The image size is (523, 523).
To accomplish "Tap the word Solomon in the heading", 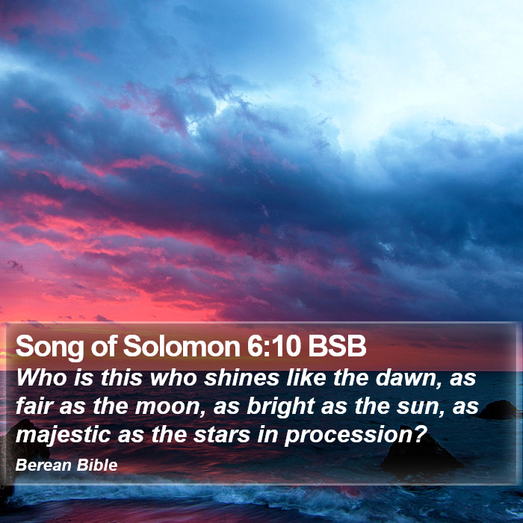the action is click(x=182, y=346).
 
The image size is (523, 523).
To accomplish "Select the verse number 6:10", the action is click(x=274, y=346).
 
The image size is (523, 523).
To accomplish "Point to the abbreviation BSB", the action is click(x=337, y=346).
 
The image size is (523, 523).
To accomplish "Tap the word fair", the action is click(x=34, y=406).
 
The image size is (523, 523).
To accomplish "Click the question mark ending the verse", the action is click(x=420, y=435).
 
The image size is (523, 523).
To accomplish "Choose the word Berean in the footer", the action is click(x=43, y=465).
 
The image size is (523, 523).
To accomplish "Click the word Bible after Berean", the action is click(x=97, y=465).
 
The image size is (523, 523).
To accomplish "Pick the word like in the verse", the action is click(x=306, y=377).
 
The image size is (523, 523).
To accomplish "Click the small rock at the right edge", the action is click(x=498, y=409).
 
